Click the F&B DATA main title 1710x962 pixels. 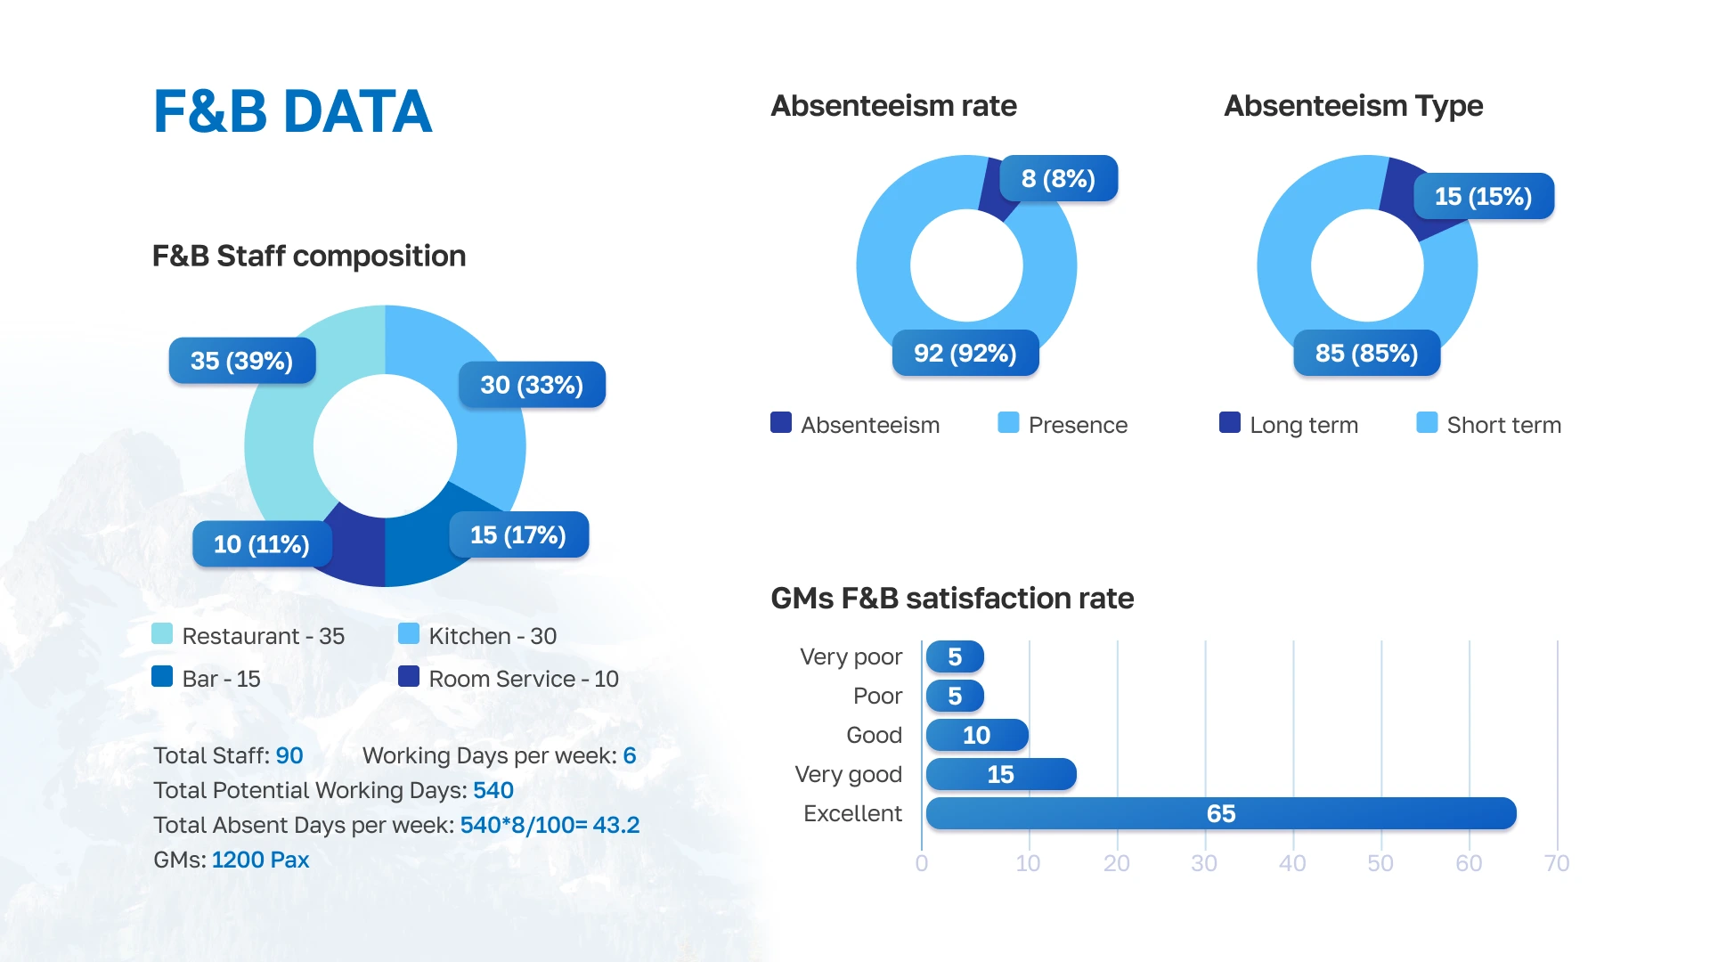point(292,112)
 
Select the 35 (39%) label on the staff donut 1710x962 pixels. point(242,361)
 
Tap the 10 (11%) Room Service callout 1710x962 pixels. point(262,544)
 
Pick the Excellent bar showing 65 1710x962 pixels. point(1220,813)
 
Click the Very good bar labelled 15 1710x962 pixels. point(1001,774)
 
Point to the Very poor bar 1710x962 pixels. point(955,657)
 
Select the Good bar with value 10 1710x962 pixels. point(977,735)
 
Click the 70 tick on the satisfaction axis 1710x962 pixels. point(1556,863)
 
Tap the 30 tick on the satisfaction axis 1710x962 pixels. point(1204,863)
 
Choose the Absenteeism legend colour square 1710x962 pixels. point(781,423)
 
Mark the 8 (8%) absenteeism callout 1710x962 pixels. point(1058,179)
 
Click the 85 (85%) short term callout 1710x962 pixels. point(1366,354)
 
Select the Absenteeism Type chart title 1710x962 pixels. point(1353,106)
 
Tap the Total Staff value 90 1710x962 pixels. point(289,755)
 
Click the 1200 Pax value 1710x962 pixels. point(260,860)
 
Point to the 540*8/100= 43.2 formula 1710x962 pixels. point(550,825)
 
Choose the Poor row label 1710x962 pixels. point(877,696)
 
